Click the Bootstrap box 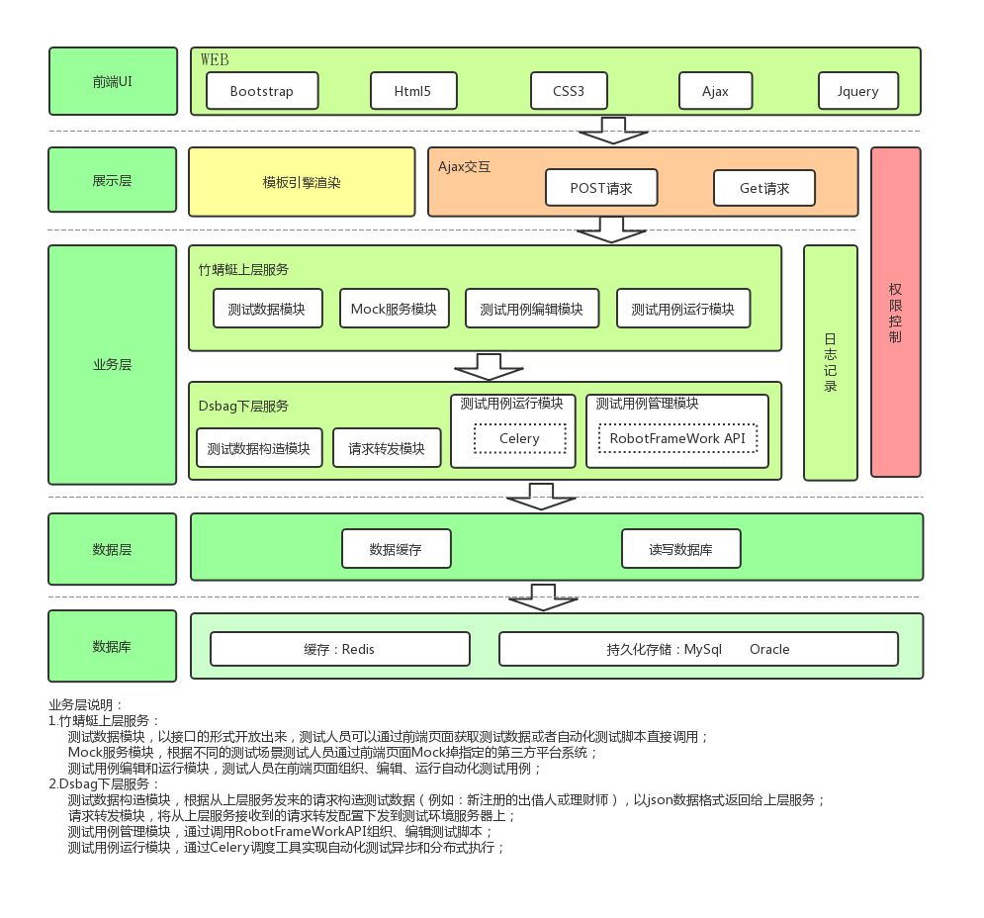pyautogui.click(x=262, y=91)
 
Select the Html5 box pyautogui.click(x=414, y=91)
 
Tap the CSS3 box pyautogui.click(x=569, y=91)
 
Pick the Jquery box pyautogui.click(x=857, y=91)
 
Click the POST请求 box pyautogui.click(x=602, y=188)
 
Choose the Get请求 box pyautogui.click(x=764, y=188)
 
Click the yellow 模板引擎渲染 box pyautogui.click(x=302, y=182)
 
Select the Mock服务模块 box pyautogui.click(x=394, y=309)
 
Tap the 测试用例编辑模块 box pyautogui.click(x=531, y=309)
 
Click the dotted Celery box pyautogui.click(x=519, y=438)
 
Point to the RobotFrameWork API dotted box pyautogui.click(x=677, y=438)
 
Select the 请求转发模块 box pyautogui.click(x=386, y=448)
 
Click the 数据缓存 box pyautogui.click(x=396, y=549)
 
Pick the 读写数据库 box pyautogui.click(x=680, y=549)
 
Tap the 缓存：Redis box pyautogui.click(x=340, y=650)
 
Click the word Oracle pyautogui.click(x=769, y=650)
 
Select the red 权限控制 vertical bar pyautogui.click(x=895, y=312)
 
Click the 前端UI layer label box pyautogui.click(x=112, y=81)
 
